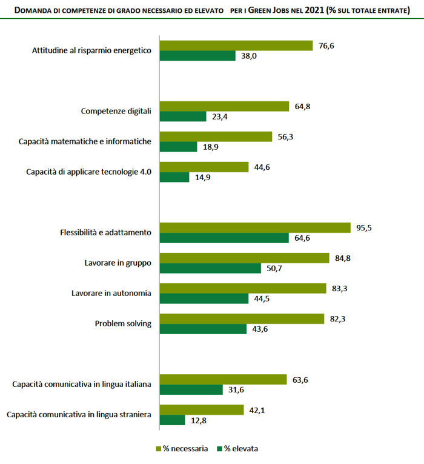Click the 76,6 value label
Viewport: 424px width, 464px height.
[x=326, y=45]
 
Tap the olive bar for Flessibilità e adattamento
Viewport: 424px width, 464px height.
[x=254, y=227]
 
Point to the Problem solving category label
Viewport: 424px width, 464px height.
[x=123, y=323]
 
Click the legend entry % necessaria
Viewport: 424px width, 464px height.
[x=182, y=449]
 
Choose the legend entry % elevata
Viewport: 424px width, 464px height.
[x=240, y=449]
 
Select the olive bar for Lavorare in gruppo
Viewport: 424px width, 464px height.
[x=243, y=258]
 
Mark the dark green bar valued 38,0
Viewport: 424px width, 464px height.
[x=197, y=56]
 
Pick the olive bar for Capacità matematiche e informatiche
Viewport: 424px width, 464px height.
[x=215, y=136]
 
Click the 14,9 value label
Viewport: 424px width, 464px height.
[x=203, y=177]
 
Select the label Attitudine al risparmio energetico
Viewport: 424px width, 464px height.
[x=91, y=50]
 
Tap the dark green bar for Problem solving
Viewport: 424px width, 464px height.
[x=202, y=329]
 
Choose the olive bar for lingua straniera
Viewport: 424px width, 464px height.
[x=202, y=409]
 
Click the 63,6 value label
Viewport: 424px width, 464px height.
[x=301, y=379]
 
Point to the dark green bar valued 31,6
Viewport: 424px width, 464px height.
[x=191, y=389]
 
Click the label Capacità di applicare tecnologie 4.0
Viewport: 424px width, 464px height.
[x=88, y=172]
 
